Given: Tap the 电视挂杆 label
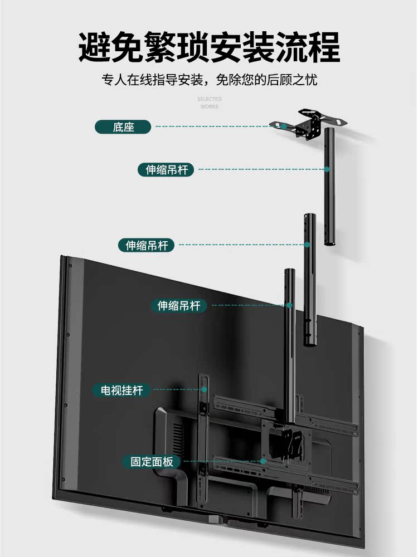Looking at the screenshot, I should [121, 390].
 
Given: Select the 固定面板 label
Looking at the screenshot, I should [152, 461].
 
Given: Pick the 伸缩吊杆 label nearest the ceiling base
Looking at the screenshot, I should [167, 169].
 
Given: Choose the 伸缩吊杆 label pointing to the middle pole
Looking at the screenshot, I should [146, 245].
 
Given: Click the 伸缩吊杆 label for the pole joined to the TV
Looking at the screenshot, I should [179, 305].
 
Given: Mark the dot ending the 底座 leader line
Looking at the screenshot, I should [284, 126].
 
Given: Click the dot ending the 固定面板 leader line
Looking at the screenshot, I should [261, 461].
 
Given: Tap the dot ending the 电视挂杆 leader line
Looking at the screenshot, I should [204, 390].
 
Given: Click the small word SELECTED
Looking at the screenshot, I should [209, 99].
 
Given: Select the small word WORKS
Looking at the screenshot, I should [209, 106].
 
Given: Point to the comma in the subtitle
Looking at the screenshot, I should [207, 82].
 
